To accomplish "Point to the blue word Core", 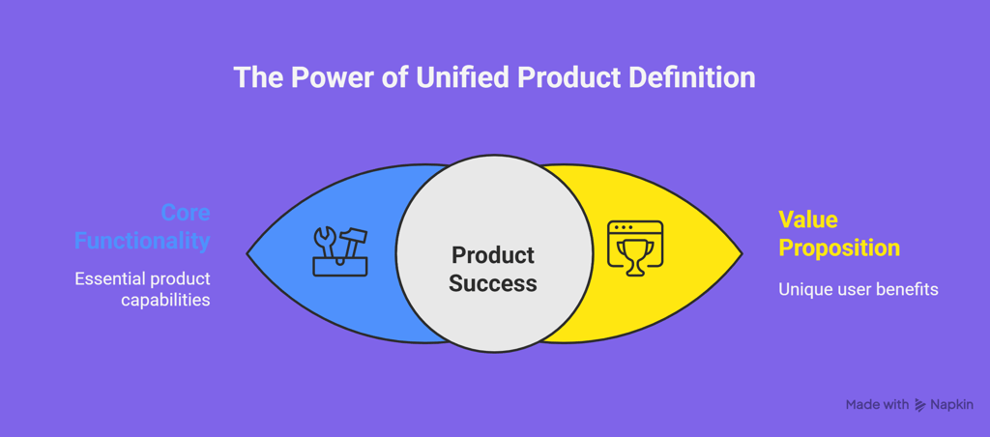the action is (185, 213).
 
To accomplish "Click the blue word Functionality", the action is (142, 242).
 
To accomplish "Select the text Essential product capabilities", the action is (142, 289).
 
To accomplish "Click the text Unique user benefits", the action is (859, 289).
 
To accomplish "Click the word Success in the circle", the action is (493, 283).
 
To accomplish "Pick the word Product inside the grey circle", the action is (493, 255).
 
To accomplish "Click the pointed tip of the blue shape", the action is (247, 254).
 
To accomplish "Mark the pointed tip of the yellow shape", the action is (742, 254).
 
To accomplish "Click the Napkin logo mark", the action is (920, 405).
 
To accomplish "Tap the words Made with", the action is (877, 405).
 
